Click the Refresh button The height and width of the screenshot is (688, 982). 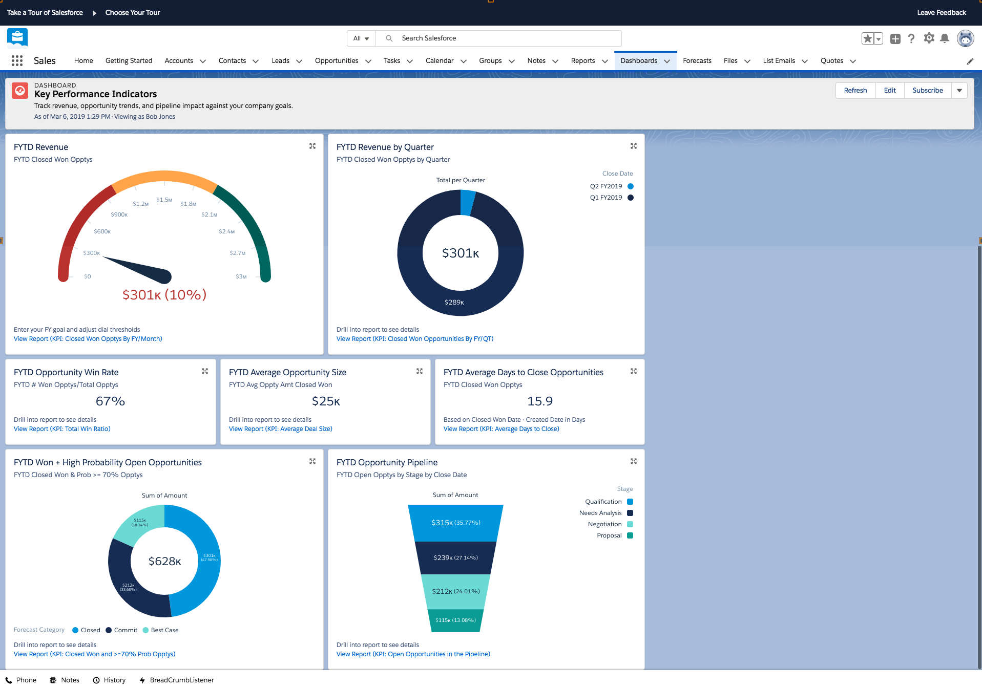(x=855, y=90)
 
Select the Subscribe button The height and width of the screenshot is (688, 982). (x=927, y=90)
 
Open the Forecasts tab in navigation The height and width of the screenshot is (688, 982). (x=697, y=60)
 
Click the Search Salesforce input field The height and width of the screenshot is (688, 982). (x=507, y=38)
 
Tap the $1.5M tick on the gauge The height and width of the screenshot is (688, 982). (x=164, y=200)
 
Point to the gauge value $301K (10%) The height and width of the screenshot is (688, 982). (x=164, y=295)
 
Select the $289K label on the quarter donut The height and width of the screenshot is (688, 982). (x=454, y=303)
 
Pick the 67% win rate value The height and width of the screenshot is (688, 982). (x=110, y=401)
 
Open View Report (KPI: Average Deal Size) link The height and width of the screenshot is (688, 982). (x=280, y=429)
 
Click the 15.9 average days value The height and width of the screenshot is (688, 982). (x=539, y=401)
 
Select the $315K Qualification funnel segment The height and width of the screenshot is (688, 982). (x=455, y=523)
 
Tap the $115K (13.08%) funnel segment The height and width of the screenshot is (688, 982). (x=455, y=620)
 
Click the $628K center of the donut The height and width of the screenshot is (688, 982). (x=164, y=562)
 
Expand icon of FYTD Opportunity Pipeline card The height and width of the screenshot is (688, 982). (x=633, y=461)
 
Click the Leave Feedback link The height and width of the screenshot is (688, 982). (x=941, y=12)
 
